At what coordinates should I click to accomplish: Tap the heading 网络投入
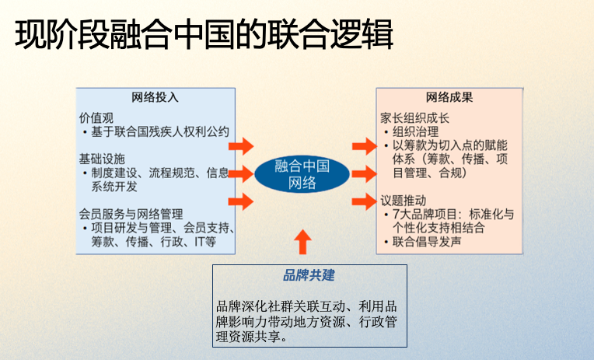(155, 98)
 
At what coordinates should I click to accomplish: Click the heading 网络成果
(449, 98)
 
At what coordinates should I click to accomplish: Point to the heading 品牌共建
(309, 276)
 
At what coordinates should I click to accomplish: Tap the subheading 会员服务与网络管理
(131, 212)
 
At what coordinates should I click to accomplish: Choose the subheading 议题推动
(404, 198)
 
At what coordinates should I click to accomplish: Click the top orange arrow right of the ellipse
(363, 145)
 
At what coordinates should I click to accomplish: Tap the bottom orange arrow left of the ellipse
(243, 201)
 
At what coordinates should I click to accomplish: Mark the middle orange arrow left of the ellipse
(243, 173)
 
